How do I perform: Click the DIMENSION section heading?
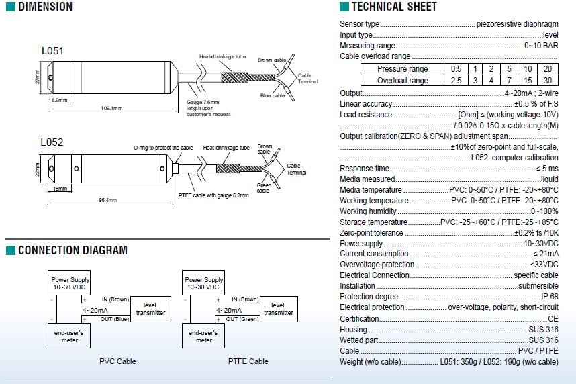click(45, 7)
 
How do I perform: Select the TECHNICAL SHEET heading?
click(394, 7)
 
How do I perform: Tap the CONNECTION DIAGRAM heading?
click(73, 250)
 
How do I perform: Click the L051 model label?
click(52, 51)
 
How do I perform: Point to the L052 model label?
click(52, 142)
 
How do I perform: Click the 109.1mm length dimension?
click(111, 107)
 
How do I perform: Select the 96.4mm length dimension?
click(107, 200)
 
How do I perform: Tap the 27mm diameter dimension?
click(38, 78)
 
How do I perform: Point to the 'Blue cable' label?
click(273, 96)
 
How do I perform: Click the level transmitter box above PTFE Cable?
click(278, 309)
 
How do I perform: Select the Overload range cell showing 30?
click(548, 81)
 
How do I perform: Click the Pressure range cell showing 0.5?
click(456, 69)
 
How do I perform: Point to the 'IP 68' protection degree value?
click(549, 297)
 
